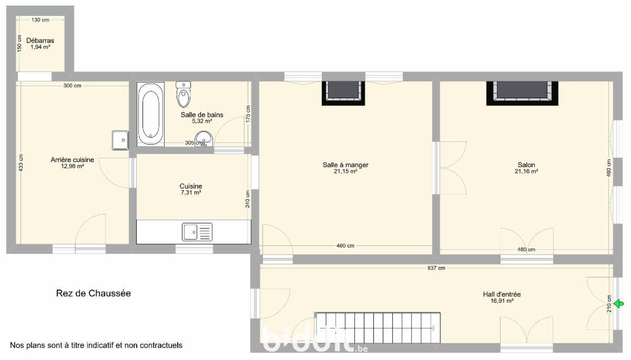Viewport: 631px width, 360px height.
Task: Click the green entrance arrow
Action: click(618, 304)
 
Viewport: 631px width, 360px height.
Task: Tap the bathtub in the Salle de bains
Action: click(151, 114)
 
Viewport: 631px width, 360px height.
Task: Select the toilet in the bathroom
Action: click(184, 94)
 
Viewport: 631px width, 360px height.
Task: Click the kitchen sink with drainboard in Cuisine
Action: click(197, 232)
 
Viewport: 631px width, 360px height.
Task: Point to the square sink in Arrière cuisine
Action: click(120, 140)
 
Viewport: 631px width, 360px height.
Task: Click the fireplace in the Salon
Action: click(522, 94)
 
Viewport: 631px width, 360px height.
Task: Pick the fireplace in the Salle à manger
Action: click(343, 94)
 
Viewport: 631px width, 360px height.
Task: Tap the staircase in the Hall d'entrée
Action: click(378, 327)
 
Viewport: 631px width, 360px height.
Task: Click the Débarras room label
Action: click(40, 40)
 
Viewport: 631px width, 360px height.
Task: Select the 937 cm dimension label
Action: click(436, 268)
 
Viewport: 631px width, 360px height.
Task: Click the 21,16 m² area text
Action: click(526, 171)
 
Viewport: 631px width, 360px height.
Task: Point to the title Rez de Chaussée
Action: click(94, 293)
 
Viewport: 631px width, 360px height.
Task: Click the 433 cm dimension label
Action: click(21, 163)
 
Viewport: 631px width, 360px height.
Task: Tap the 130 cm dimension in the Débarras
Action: click(40, 19)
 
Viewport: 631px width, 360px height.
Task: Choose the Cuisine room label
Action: click(191, 186)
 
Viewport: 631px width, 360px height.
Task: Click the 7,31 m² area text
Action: click(191, 192)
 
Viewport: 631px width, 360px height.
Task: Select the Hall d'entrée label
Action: click(502, 294)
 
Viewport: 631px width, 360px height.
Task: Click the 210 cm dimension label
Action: click(609, 303)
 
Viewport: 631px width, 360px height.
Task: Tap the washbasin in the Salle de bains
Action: click(203, 139)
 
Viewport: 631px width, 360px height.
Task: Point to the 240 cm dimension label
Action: click(248, 199)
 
